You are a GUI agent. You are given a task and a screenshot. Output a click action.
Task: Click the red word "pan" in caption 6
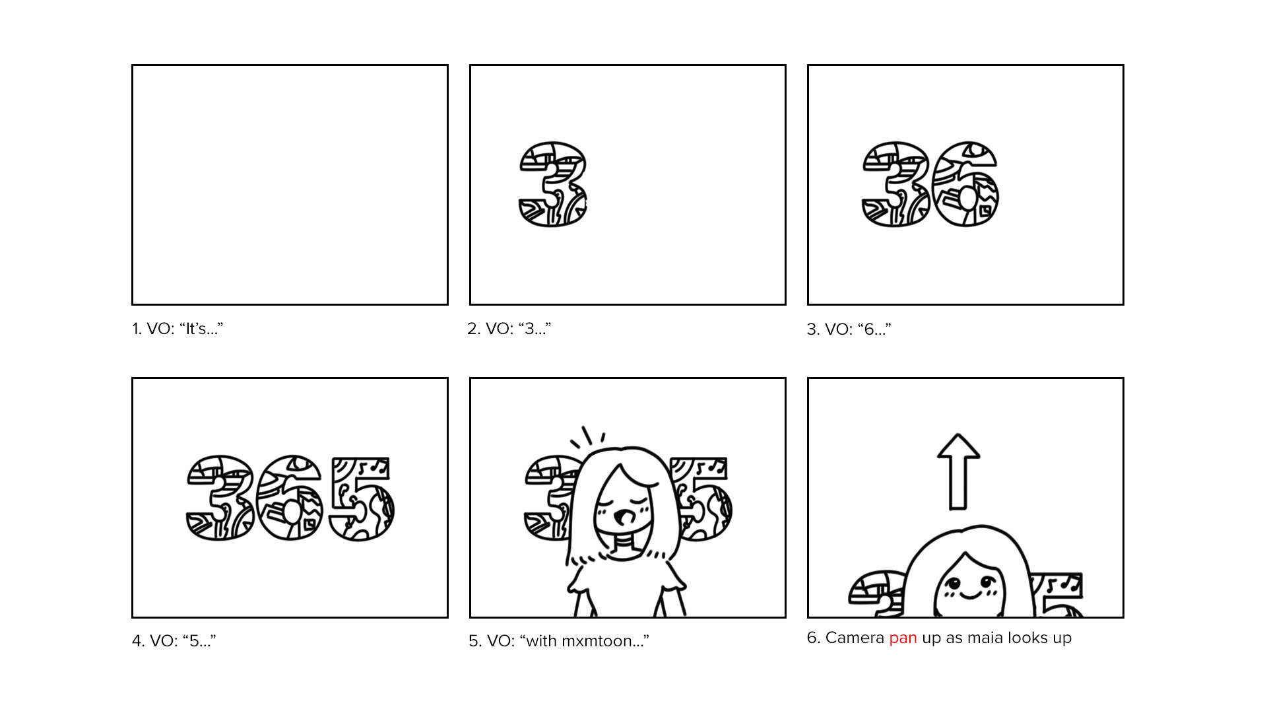pos(903,638)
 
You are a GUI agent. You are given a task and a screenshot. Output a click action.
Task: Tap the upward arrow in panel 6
pos(958,471)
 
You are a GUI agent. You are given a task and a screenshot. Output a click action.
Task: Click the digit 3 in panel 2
pos(553,184)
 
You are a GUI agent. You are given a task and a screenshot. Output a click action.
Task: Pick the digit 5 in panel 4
pos(362,498)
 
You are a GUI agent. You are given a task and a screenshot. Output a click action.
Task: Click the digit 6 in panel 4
pos(290,498)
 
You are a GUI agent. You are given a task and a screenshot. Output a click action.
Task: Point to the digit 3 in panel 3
pos(895,184)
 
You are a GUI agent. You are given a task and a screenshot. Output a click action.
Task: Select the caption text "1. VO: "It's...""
pos(178,329)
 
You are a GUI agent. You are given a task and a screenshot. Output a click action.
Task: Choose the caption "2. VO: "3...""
pos(509,329)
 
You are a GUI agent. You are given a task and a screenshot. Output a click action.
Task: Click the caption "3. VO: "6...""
pos(849,329)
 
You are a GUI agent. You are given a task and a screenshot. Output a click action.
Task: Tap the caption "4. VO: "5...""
pos(174,641)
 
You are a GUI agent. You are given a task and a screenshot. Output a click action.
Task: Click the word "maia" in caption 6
pos(985,638)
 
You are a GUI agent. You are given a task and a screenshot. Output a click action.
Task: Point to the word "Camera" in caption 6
pos(855,638)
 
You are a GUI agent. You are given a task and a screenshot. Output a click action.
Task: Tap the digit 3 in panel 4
pos(220,498)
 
